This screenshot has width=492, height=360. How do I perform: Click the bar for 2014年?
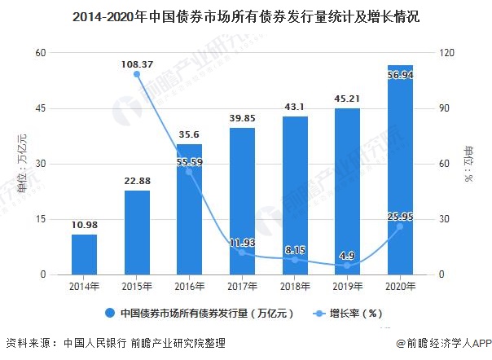click(x=84, y=254)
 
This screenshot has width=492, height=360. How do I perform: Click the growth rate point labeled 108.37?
click(x=137, y=74)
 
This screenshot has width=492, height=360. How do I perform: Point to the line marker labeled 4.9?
click(x=347, y=266)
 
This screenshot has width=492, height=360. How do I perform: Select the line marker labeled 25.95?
click(x=400, y=226)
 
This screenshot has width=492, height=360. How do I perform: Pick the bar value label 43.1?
click(x=295, y=107)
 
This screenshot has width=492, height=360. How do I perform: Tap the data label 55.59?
click(x=189, y=163)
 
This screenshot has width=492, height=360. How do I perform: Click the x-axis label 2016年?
click(x=189, y=288)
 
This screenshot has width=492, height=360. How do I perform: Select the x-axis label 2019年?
click(x=347, y=288)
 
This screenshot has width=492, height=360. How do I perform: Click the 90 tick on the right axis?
click(x=444, y=108)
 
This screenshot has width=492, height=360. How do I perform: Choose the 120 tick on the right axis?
click(x=446, y=53)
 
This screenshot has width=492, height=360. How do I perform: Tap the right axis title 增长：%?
click(x=469, y=164)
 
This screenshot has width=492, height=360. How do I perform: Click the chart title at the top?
click(x=245, y=16)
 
